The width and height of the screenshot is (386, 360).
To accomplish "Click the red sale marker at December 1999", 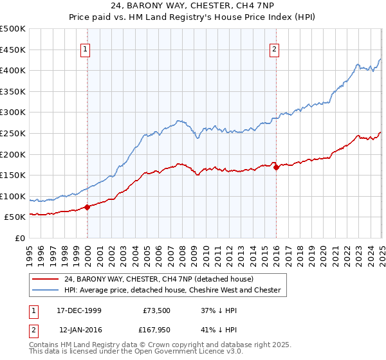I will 87,207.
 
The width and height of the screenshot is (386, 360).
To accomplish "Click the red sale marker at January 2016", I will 276,168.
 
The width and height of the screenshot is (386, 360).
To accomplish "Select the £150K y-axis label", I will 14,175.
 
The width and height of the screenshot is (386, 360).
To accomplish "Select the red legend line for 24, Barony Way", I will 45,279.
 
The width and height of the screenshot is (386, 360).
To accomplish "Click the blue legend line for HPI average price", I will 45,290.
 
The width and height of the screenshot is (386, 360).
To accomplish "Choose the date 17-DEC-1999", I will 78,310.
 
